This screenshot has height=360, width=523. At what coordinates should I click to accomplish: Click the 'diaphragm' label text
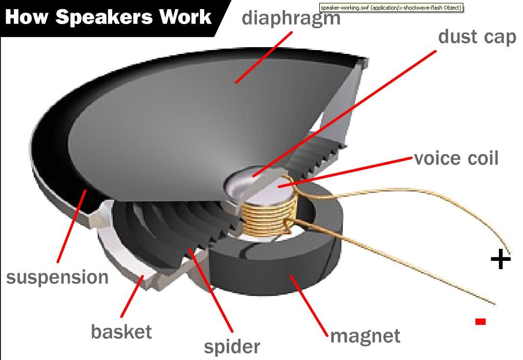291,18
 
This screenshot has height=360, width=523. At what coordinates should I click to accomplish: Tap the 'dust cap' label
477,37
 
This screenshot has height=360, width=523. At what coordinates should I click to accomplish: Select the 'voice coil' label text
456,158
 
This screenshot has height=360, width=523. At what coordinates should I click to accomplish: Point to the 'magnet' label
365,336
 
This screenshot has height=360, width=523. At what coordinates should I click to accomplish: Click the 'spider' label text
232,346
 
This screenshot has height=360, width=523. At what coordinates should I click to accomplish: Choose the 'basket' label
121,332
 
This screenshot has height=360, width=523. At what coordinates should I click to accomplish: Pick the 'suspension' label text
57,277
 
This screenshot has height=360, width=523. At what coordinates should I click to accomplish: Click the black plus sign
500,259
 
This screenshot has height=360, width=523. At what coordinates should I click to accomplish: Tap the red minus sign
480,321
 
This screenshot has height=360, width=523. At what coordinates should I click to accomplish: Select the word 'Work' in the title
186,17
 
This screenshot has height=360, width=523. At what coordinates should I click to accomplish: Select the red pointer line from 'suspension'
71,226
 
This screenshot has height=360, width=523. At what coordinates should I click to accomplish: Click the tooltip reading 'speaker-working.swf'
391,8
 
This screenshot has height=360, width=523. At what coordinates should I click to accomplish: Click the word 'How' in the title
27,17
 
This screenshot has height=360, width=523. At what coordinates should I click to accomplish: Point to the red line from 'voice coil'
347,171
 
